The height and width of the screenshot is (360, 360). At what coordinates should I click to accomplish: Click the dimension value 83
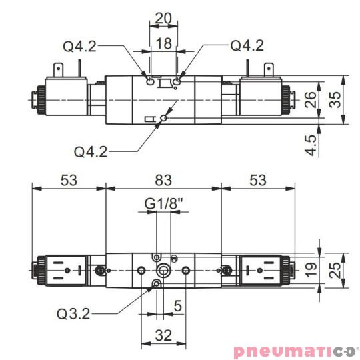pos(163,180)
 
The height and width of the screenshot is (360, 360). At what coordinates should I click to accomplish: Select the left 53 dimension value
pos(69,180)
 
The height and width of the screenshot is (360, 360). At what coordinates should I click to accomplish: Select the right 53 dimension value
pos(257,180)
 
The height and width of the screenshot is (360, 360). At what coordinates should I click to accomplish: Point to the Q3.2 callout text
pos(73,313)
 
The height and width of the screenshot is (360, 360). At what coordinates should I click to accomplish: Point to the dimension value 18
pos(163,44)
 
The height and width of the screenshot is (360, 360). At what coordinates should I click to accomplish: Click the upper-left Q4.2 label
pos(80,46)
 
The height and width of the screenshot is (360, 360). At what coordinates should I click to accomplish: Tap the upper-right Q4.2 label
pos(247,45)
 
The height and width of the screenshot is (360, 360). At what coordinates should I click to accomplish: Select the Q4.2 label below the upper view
pos(91,151)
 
